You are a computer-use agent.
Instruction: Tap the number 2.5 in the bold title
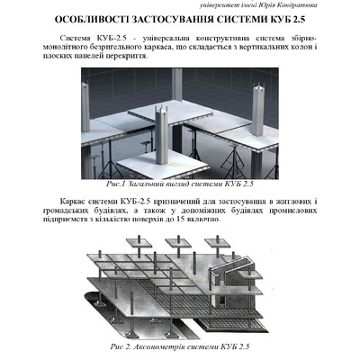click(299, 20)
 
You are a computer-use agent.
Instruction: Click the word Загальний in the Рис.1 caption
click(145, 184)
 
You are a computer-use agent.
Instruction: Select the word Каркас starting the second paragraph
click(71, 201)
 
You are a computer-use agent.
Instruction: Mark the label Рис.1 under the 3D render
click(115, 184)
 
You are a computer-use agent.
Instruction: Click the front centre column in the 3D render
click(161, 135)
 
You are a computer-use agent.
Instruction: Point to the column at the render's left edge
click(85, 107)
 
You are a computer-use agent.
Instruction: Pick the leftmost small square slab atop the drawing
click(139, 243)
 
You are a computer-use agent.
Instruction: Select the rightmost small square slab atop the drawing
click(218, 243)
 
